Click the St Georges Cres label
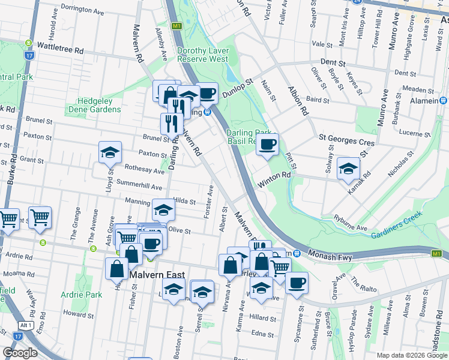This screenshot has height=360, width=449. click(x=346, y=143)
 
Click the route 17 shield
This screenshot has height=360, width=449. click(x=29, y=55)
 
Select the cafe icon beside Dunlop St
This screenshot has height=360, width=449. click(x=207, y=93)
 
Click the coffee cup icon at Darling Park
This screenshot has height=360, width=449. click(x=268, y=143)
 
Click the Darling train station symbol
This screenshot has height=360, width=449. click(x=207, y=111)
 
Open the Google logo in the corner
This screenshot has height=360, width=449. click(x=20, y=352)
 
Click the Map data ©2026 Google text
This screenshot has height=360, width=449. click(x=412, y=355)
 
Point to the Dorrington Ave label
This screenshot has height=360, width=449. click(x=82, y=10)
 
